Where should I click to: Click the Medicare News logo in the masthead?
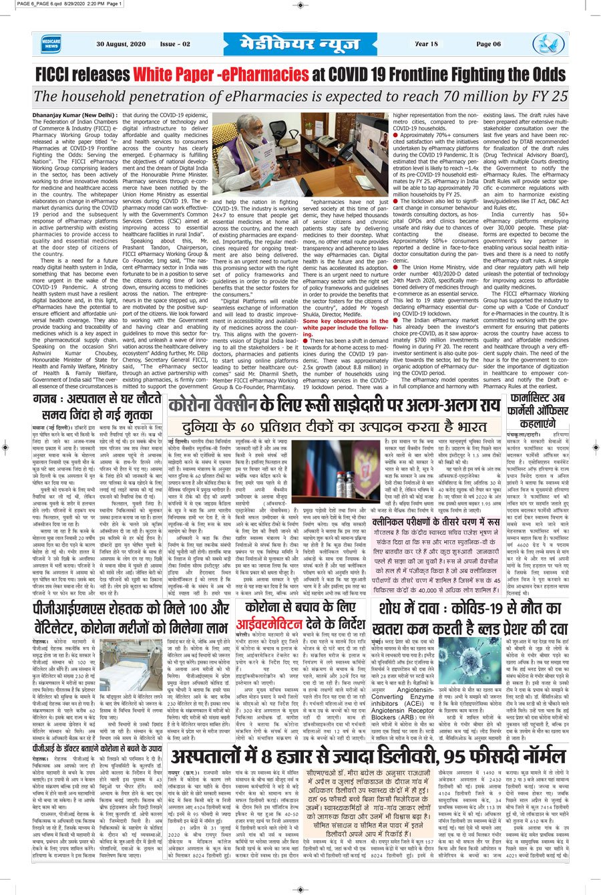(x=53, y=44)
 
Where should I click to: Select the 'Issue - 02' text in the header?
(x=175, y=44)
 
